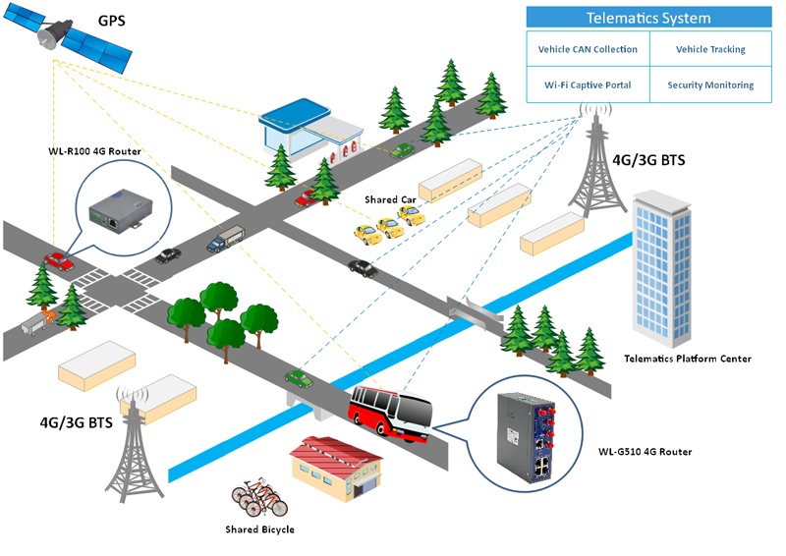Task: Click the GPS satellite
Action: tap(67, 35)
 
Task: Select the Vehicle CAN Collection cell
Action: tap(588, 49)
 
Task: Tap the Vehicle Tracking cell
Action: tap(710, 49)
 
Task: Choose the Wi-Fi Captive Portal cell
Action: tap(588, 84)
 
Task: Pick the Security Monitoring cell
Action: tap(710, 84)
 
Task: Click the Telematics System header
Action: tap(649, 18)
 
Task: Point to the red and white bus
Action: tap(390, 412)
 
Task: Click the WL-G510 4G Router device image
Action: tap(527, 436)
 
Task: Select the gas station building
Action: tap(310, 130)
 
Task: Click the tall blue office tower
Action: tap(661, 268)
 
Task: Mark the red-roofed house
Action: tap(336, 468)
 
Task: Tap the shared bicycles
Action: tap(259, 497)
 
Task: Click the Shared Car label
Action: tap(390, 199)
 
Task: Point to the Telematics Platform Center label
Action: tap(687, 359)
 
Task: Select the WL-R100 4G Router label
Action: tap(94, 151)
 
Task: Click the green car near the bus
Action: tap(299, 378)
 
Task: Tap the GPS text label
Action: tap(111, 21)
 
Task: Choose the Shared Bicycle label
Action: tap(259, 529)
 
